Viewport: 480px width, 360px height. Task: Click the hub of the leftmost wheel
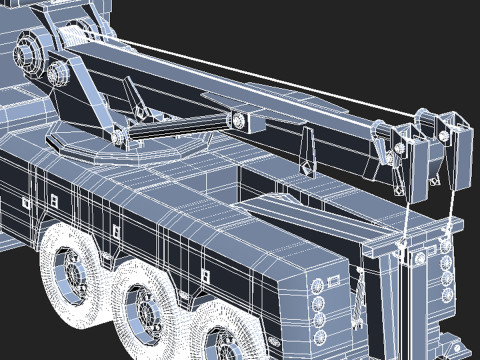coord(71,269)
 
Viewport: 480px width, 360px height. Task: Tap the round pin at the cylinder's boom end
coord(241,121)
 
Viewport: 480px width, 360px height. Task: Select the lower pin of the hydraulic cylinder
coord(120,135)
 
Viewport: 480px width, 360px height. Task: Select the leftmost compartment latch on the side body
coord(23,204)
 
